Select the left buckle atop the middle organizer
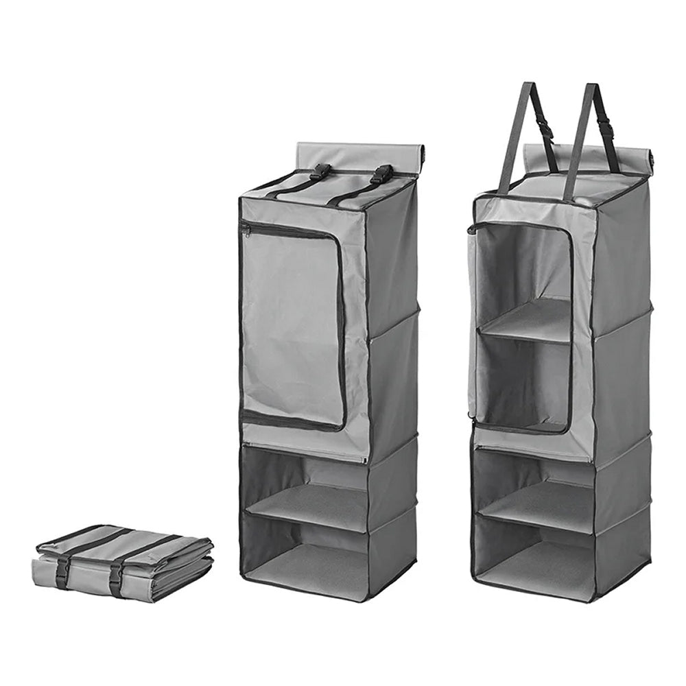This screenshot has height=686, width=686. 320,171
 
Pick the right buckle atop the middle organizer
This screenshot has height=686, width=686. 382,174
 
